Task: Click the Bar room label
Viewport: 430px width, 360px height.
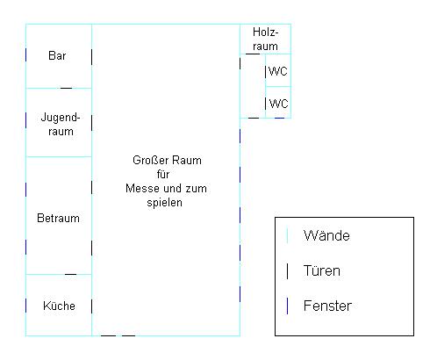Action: click(57, 55)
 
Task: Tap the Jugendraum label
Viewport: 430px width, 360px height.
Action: click(61, 124)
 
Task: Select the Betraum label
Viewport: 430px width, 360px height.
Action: click(58, 218)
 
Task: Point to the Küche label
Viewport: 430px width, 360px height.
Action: click(59, 306)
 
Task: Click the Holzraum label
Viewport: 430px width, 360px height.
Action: click(265, 39)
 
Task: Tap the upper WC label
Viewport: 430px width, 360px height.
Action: click(278, 71)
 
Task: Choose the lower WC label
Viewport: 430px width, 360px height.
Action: click(278, 104)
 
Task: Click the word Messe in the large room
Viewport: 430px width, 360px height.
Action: click(140, 188)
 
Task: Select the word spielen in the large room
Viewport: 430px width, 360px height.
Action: click(164, 203)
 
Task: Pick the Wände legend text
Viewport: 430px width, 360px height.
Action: click(326, 235)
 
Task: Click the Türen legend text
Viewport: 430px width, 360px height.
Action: click(322, 270)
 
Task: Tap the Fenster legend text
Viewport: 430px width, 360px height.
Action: click(327, 306)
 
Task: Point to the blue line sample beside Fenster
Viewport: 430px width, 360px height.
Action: click(287, 306)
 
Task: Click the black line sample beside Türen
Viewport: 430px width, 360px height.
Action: click(287, 271)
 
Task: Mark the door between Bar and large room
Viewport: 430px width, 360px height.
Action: click(91, 57)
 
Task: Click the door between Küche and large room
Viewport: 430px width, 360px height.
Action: click(91, 306)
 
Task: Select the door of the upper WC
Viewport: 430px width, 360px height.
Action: click(265, 72)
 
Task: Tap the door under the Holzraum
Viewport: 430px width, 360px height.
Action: click(253, 54)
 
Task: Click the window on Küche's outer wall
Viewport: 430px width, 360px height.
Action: click(25, 306)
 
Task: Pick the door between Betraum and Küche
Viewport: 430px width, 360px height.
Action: click(70, 274)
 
